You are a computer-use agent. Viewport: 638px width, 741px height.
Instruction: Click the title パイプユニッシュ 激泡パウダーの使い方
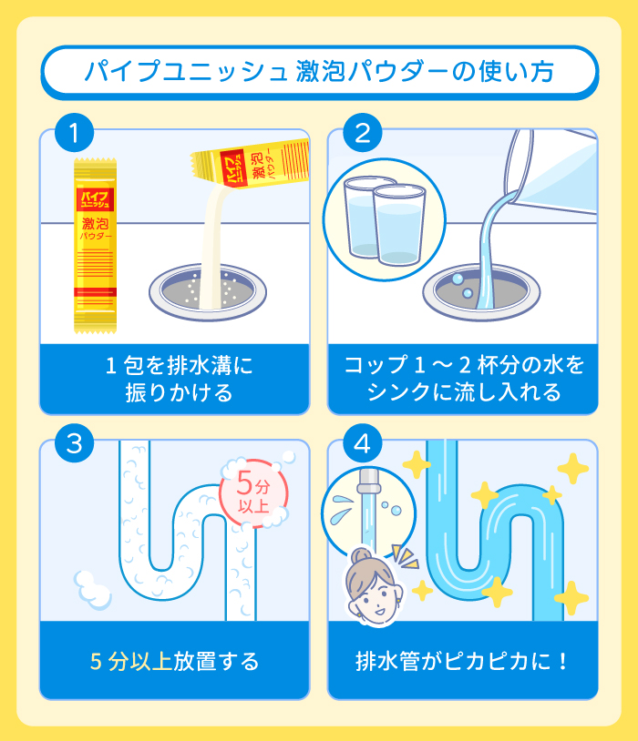pyautogui.click(x=318, y=72)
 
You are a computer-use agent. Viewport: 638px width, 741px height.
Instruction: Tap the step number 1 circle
pyautogui.click(x=76, y=134)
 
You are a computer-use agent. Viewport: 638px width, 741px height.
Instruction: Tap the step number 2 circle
pyautogui.click(x=363, y=134)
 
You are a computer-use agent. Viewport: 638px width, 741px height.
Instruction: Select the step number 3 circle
pyautogui.click(x=76, y=444)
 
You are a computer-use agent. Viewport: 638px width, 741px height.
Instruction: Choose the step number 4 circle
pyautogui.click(x=363, y=444)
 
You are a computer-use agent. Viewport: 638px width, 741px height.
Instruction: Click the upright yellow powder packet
pyautogui.click(x=96, y=244)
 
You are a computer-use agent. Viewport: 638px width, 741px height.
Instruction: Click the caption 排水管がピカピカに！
pyautogui.click(x=463, y=661)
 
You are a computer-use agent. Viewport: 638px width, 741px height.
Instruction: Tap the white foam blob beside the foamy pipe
pyautogui.click(x=91, y=587)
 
